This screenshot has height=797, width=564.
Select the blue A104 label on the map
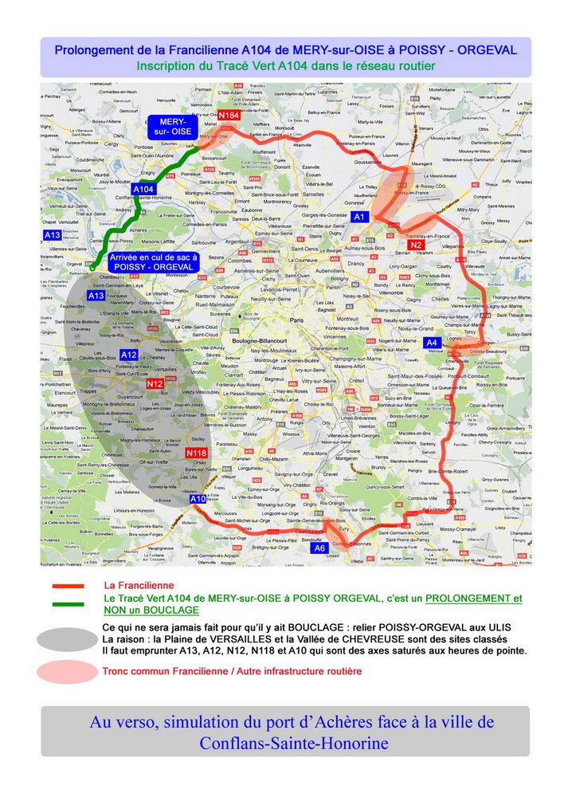pyautogui.click(x=143, y=189)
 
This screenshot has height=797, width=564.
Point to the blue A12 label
pyautogui.click(x=129, y=355)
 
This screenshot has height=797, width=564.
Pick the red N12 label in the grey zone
pyautogui.click(x=155, y=384)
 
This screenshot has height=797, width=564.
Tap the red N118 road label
pyautogui.click(x=197, y=453)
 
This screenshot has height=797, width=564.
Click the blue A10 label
pyautogui.click(x=198, y=499)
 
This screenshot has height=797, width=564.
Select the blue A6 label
pyautogui.click(x=320, y=548)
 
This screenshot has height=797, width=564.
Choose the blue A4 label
pyautogui.click(x=432, y=343)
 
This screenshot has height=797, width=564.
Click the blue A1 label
pyautogui.click(x=359, y=217)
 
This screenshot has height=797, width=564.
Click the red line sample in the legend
pyautogui.click(x=68, y=587)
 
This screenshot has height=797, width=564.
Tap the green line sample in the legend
pyautogui.click(x=68, y=603)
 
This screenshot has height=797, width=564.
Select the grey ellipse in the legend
pyautogui.click(x=67, y=638)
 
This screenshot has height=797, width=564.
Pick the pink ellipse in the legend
pyautogui.click(x=67, y=672)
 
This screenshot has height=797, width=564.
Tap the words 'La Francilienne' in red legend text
pyautogui.click(x=139, y=586)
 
